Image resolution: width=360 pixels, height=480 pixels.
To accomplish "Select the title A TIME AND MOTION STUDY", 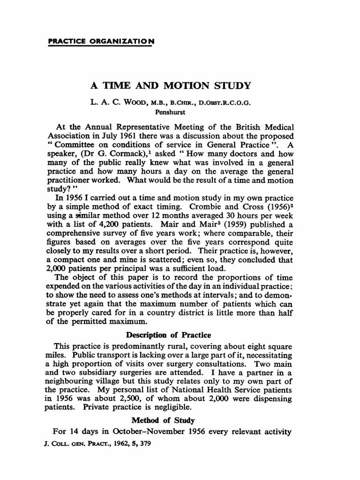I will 171,86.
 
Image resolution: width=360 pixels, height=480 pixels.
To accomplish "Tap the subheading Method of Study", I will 170,420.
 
